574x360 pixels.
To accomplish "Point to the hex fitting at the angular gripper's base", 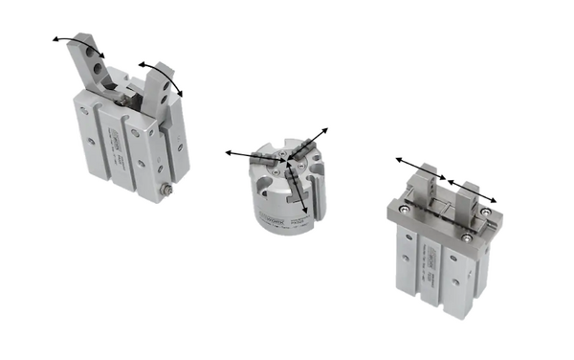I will [x=168, y=191].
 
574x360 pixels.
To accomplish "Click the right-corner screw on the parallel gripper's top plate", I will [x=487, y=211].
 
